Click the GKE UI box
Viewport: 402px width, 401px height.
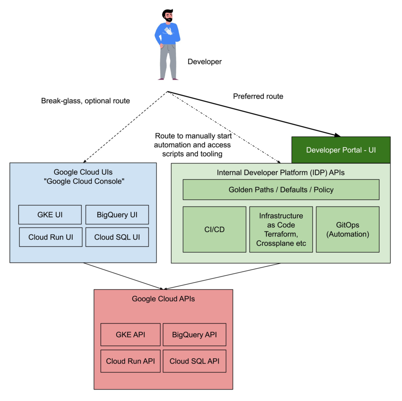coord(50,215)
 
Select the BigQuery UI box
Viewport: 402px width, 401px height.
coord(117,215)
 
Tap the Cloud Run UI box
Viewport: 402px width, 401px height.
coord(51,237)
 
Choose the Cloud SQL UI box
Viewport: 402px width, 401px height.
coord(117,237)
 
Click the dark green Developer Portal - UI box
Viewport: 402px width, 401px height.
coord(341,150)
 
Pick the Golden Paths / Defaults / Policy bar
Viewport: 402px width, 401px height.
coord(281,190)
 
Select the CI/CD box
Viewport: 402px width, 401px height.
coord(214,229)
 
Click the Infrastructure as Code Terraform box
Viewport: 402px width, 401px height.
coord(281,229)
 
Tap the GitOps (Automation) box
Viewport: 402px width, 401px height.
coord(347,229)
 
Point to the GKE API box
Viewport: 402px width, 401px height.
coord(130,335)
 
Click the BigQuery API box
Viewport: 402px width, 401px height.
coord(194,335)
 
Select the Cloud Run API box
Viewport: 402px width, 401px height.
coord(130,361)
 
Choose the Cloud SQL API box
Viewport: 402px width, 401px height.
coord(194,361)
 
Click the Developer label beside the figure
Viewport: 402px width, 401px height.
coord(205,62)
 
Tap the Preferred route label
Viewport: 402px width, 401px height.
coord(258,96)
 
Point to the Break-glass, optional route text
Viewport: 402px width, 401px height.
coord(85,101)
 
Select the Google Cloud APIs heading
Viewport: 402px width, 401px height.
coord(163,299)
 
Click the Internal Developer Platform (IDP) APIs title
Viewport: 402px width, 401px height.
coord(281,173)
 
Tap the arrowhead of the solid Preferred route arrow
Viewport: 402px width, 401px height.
coord(338,135)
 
